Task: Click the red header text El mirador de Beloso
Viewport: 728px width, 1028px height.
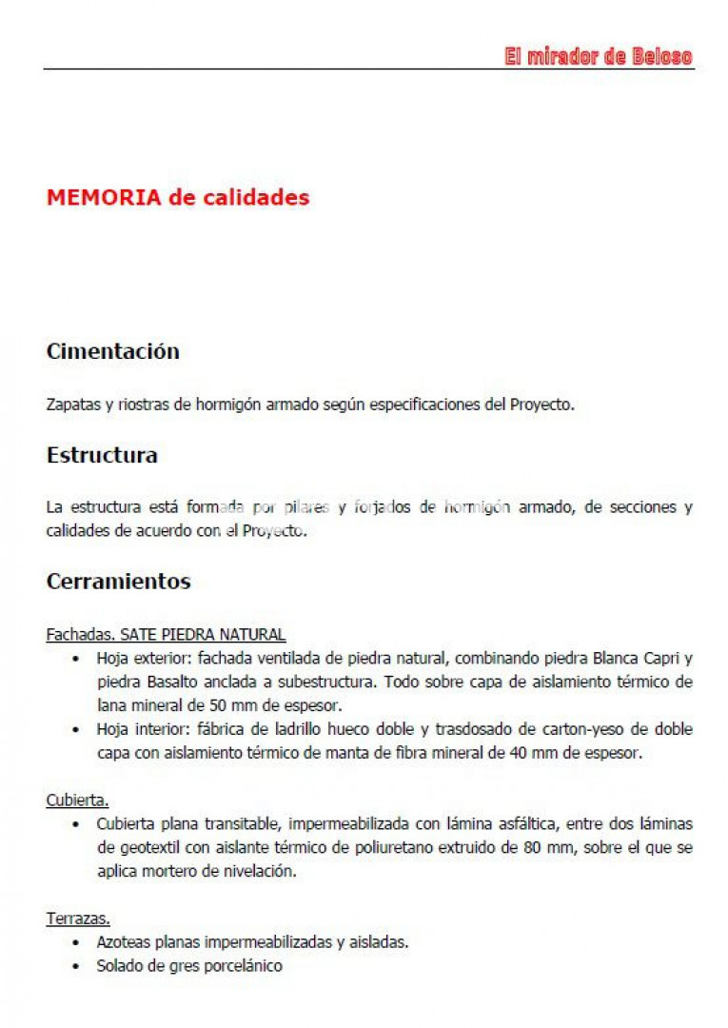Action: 598,57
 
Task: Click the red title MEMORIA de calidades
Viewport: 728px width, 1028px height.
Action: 178,198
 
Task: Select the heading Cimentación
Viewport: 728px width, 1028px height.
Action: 112,351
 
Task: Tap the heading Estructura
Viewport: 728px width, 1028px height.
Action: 102,455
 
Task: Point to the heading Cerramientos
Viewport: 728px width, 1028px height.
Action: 118,582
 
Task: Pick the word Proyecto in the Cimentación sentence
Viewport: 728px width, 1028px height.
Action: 541,405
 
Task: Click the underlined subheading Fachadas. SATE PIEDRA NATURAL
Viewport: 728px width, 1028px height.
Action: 166,634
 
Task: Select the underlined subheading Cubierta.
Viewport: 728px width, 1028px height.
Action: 77,801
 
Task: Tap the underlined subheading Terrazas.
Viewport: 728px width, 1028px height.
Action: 78,919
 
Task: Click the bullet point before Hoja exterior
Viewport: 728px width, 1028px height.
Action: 76,658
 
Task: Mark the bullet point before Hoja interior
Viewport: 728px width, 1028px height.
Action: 76,730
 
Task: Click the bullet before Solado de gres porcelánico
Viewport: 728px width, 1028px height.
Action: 76,966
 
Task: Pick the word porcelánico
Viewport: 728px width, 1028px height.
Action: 244,966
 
